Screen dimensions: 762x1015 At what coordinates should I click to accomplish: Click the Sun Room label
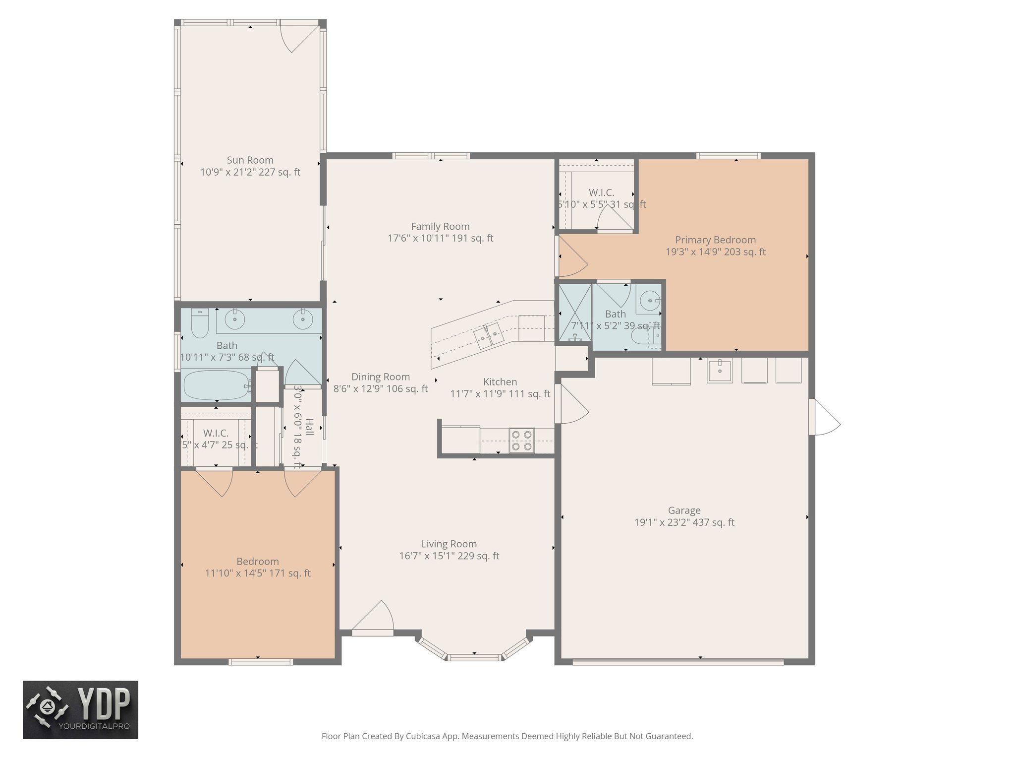coord(250,160)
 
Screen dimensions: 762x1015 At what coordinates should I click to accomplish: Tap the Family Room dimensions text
coord(440,239)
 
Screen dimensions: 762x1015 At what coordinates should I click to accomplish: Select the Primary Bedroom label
coord(715,240)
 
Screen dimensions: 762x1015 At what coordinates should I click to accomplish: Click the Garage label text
coord(684,510)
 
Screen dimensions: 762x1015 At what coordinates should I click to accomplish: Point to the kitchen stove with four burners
coord(521,440)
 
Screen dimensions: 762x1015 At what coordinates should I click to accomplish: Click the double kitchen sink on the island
coord(489,336)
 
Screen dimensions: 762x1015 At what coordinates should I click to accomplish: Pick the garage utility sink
coord(720,371)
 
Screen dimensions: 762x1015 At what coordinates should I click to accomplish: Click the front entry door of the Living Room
coord(373,618)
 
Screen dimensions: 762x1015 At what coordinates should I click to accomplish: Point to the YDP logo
coord(80,710)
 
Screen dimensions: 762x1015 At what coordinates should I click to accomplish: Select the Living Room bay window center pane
coord(474,657)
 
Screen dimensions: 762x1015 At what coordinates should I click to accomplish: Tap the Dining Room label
coord(380,377)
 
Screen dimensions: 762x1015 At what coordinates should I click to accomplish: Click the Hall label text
coord(310,427)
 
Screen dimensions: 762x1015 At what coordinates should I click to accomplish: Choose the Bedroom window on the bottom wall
coord(260,661)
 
